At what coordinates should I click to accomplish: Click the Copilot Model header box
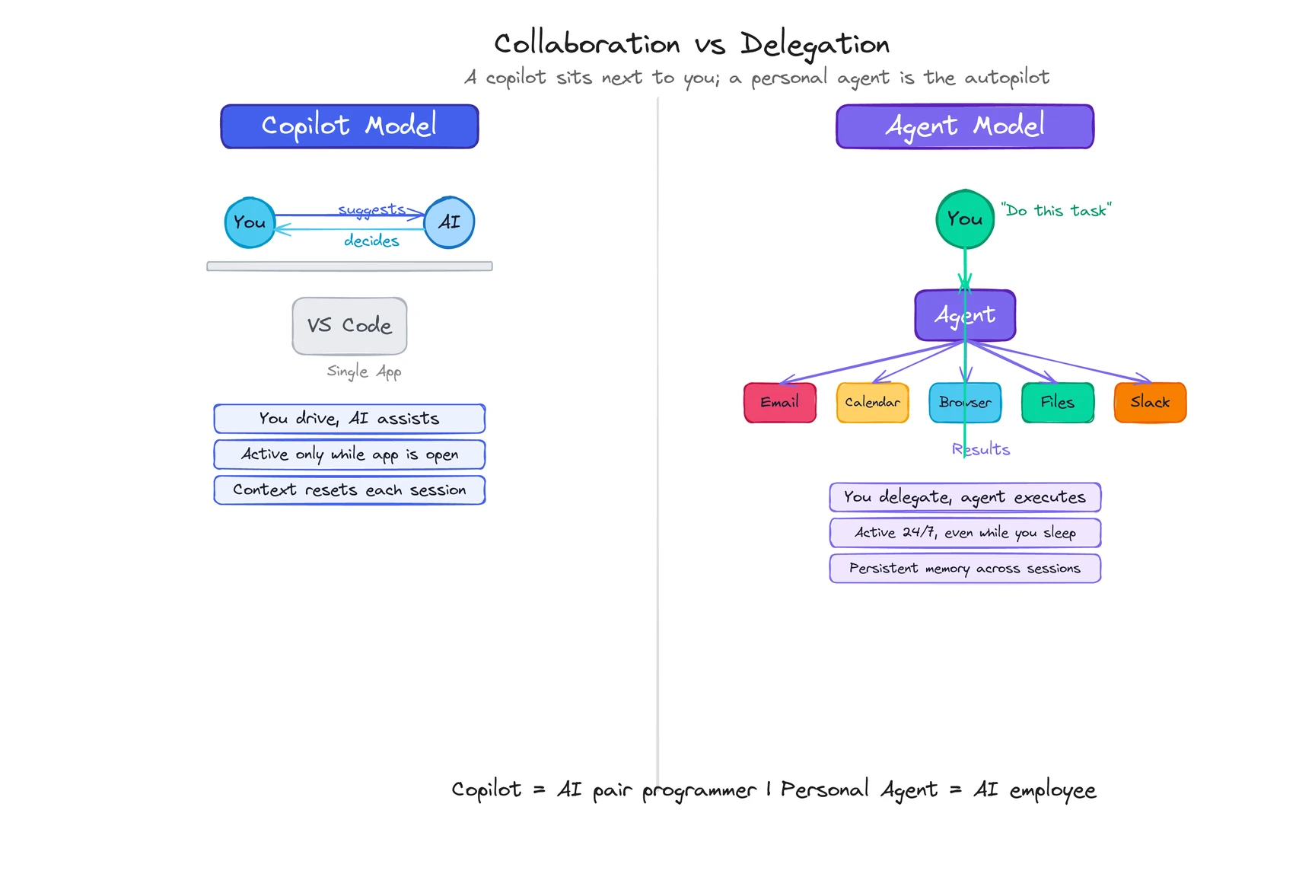[349, 126]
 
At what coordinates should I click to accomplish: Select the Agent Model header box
[964, 126]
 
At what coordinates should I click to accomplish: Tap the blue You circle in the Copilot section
[250, 222]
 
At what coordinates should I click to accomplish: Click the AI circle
[449, 222]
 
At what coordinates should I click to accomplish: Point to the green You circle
[964, 219]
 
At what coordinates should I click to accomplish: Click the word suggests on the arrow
[371, 209]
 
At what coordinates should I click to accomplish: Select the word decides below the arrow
[371, 241]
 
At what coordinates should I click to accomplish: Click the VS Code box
[349, 326]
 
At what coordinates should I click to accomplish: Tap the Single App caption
[364, 372]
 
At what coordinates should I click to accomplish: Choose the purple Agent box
[964, 315]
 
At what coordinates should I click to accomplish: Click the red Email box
[779, 402]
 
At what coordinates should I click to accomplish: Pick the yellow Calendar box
[872, 402]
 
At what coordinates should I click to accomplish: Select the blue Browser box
[964, 402]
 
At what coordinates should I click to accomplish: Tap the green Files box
[1057, 402]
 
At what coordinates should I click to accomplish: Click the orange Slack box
[1150, 402]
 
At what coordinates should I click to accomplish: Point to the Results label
[981, 450]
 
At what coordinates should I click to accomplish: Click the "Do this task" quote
[1056, 210]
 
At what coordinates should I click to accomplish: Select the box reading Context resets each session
[349, 490]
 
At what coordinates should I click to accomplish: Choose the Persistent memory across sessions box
[964, 569]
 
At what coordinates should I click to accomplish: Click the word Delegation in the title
[814, 44]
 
